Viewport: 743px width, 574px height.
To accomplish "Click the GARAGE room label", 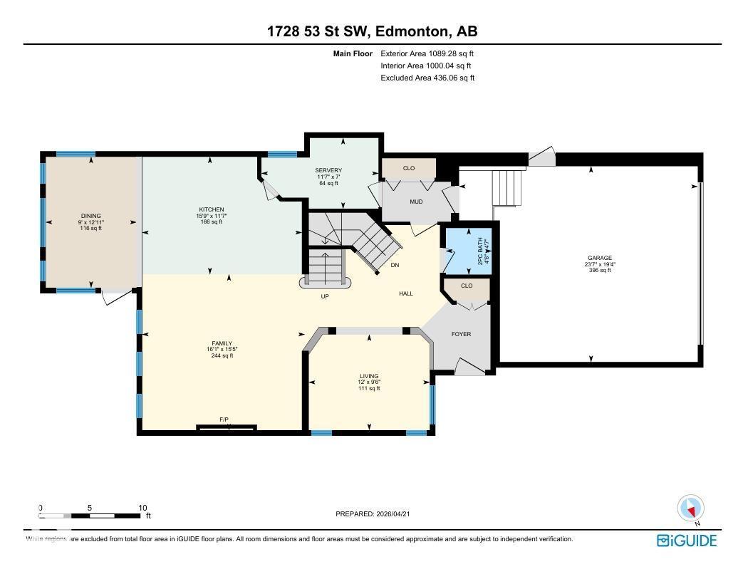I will pos(599,259).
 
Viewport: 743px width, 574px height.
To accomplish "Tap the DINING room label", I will pos(90,216).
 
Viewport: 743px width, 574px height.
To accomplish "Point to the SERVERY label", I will pos(328,170).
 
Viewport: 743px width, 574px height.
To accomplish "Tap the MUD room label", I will pos(416,202).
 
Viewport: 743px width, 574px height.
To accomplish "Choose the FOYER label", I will pos(461,334).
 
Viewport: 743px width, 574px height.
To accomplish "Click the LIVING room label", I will pos(369,376).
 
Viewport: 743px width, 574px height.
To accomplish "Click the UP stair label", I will pos(325,296).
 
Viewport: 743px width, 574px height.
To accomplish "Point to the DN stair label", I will pos(395,265).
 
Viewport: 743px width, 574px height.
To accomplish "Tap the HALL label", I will pos(405,293).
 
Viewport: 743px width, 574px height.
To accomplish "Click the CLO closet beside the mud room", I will pos(408,168).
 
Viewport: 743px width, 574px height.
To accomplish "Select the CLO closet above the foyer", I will pos(467,286).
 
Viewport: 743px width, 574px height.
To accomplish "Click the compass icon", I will pos(690,508).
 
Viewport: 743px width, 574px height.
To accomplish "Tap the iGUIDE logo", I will pos(686,541).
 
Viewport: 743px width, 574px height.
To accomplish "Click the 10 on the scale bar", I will pos(142,508).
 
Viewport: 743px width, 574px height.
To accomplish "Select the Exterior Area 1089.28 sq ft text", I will pos(427,53).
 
